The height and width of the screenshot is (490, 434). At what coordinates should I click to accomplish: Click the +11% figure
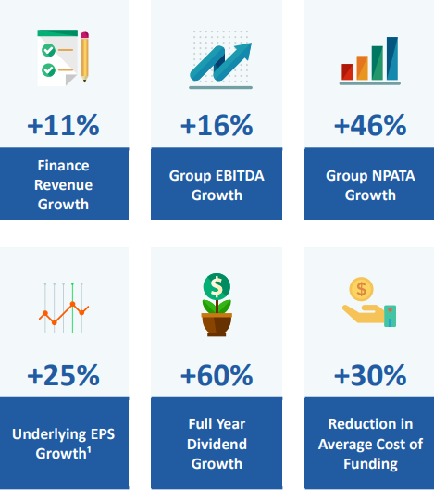(x=63, y=125)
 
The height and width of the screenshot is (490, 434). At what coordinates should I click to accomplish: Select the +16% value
(x=217, y=125)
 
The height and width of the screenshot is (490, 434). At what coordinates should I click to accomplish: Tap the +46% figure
(x=370, y=125)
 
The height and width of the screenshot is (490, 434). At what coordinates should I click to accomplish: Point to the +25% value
(x=63, y=375)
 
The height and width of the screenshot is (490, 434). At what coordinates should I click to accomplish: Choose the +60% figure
(x=217, y=375)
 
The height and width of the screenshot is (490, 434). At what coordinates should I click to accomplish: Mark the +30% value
(x=370, y=375)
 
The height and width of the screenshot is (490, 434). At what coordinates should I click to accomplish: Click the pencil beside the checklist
(x=84, y=57)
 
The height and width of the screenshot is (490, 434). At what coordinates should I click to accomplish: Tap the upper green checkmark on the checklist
(x=48, y=50)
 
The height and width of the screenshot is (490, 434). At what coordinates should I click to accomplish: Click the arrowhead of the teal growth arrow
(x=244, y=50)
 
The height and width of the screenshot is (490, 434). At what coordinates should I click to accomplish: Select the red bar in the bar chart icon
(x=347, y=72)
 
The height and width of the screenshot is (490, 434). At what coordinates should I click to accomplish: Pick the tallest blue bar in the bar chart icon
(x=392, y=58)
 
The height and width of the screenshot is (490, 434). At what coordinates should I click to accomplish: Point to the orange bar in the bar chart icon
(x=362, y=68)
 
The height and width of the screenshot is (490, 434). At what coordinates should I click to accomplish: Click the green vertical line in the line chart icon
(x=72, y=308)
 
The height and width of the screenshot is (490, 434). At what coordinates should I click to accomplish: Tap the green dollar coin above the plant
(x=217, y=287)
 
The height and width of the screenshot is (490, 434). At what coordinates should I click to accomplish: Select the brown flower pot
(x=217, y=325)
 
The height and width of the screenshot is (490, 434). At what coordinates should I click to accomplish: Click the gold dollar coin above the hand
(x=361, y=289)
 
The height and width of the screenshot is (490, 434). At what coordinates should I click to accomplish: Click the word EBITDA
(x=240, y=176)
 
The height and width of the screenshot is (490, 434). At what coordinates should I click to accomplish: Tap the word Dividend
(x=217, y=444)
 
